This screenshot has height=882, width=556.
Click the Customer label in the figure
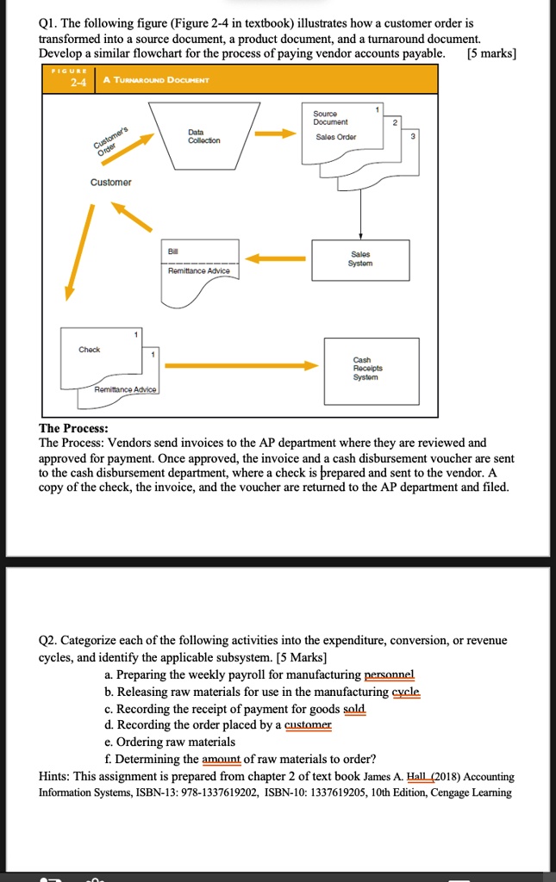(x=111, y=183)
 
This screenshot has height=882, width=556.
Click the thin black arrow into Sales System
(x=360, y=224)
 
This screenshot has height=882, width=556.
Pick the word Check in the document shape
(x=90, y=350)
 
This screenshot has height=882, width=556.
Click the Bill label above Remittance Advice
(x=175, y=251)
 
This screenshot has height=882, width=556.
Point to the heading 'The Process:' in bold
(x=74, y=428)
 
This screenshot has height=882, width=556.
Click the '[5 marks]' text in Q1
(x=490, y=53)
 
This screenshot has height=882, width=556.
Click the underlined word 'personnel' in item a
(x=390, y=675)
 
